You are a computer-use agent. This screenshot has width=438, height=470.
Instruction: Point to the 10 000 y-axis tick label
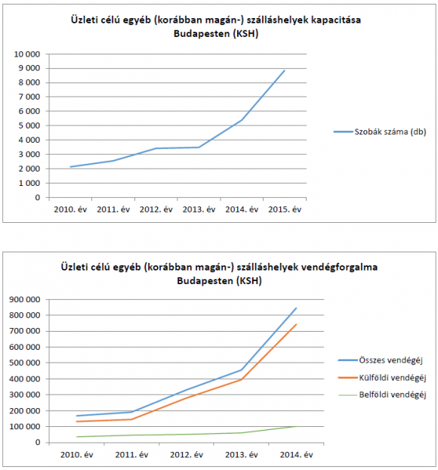point(27,54)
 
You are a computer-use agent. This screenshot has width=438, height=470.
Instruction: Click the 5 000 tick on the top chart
point(29,125)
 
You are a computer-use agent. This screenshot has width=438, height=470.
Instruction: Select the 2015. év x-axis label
point(285,209)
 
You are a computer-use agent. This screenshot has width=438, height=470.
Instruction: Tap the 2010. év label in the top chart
point(70,209)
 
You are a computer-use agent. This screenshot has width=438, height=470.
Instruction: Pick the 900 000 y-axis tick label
point(25,299)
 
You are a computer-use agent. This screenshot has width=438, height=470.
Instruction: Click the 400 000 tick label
point(25,379)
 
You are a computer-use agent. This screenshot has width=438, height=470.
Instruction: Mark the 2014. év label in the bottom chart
point(296,455)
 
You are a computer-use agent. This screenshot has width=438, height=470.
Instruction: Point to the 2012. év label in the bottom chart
point(187,455)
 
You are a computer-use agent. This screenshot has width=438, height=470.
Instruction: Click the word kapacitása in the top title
point(336,20)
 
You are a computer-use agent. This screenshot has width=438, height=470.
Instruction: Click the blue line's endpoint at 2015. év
point(285,70)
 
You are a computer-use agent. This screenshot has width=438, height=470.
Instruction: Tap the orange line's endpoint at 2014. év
point(296,324)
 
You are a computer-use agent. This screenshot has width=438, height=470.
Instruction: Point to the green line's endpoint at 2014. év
point(296,426)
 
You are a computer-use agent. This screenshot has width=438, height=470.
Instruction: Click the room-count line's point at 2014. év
point(242,120)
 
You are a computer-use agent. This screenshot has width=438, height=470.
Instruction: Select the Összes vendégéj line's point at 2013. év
point(242,370)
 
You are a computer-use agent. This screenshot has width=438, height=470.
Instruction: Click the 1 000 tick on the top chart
point(29,183)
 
